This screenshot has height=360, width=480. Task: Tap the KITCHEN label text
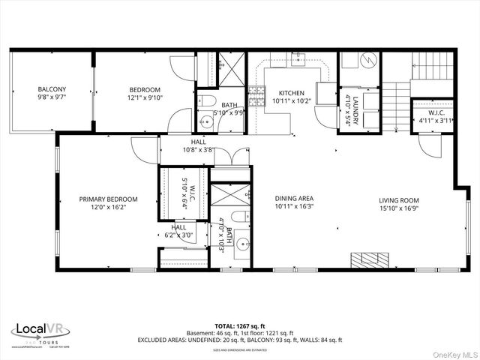click(x=287, y=93)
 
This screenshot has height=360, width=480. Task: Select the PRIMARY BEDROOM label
click(x=109, y=199)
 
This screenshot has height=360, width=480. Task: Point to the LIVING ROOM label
click(x=397, y=200)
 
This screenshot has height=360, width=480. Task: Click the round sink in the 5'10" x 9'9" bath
click(x=206, y=121)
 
